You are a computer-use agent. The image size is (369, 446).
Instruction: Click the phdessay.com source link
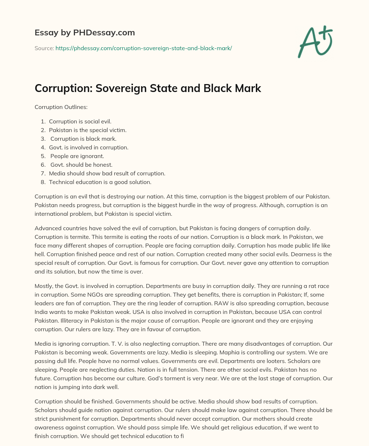(143, 48)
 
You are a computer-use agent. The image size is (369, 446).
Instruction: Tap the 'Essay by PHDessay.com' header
(85, 33)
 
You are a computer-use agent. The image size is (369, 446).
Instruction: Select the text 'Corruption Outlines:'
(61, 107)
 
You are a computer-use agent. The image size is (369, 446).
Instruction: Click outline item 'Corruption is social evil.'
(80, 122)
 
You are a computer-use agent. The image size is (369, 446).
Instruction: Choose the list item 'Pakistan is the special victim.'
(88, 130)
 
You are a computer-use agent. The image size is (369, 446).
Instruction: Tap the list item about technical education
(100, 182)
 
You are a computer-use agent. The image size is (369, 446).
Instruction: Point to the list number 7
(43, 174)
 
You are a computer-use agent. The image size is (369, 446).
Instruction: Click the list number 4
(43, 148)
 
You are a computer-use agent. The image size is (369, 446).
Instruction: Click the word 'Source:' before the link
(44, 48)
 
